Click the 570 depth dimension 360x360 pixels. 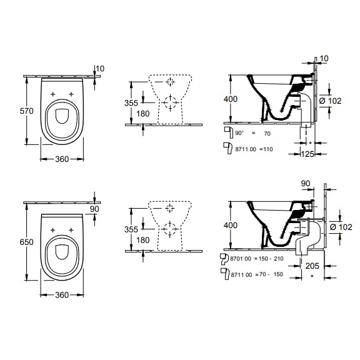tap(27, 111)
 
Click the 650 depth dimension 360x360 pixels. tap(27, 242)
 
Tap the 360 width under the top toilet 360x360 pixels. tap(62, 159)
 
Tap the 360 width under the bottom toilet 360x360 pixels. tap(62, 295)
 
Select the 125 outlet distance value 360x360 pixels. tap(307, 154)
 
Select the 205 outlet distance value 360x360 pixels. tap(312, 266)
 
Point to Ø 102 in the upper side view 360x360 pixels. tap(331, 101)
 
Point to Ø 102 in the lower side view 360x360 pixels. tap(341, 227)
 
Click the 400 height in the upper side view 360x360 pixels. tap(231, 99)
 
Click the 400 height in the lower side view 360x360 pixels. tap(231, 226)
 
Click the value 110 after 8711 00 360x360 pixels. tap(268, 149)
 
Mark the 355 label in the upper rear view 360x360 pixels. tap(131, 103)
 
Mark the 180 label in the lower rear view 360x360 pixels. tap(143, 240)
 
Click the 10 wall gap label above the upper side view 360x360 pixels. tap(324, 59)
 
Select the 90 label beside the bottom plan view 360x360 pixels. tap(94, 209)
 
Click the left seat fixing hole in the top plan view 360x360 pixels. tap(53, 94)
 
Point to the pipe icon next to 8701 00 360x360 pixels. tap(224, 259)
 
